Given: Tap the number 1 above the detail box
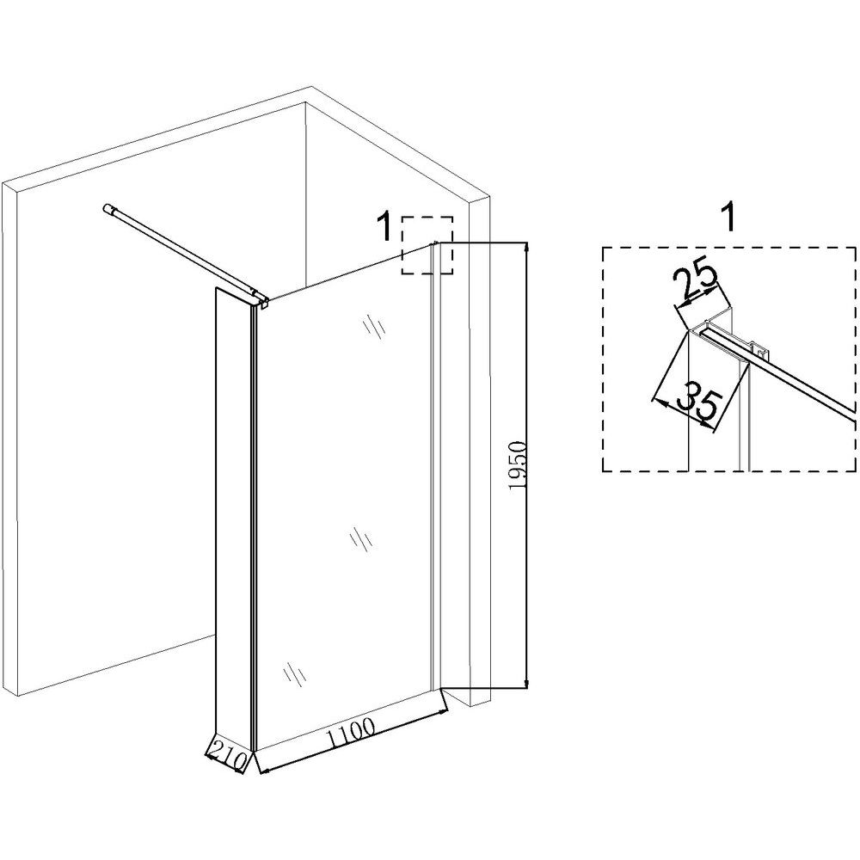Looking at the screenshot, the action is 728,218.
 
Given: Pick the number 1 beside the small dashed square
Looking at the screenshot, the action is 386,228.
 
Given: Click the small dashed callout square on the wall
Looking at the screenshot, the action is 427,245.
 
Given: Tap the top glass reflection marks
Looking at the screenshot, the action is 375,327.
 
